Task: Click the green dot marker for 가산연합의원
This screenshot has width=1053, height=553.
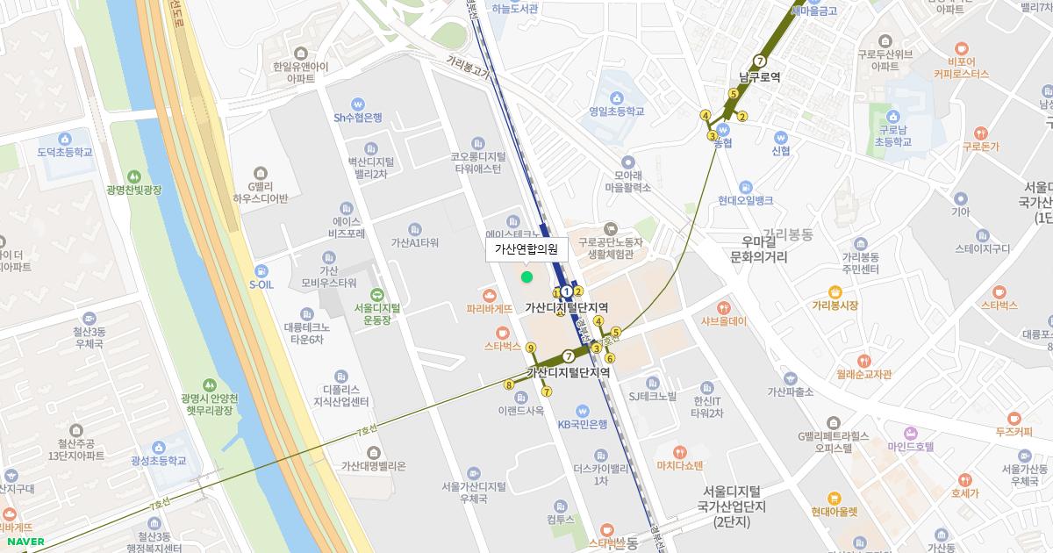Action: click(526, 277)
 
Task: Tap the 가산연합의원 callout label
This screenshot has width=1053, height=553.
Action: click(526, 249)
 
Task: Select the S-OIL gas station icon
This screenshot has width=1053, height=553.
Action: click(261, 269)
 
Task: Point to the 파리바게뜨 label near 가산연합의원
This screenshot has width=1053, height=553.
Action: click(490, 309)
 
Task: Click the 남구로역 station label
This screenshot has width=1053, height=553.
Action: click(759, 77)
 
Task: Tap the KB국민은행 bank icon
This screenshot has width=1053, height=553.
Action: click(582, 410)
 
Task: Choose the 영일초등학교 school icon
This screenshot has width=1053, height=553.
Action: click(617, 97)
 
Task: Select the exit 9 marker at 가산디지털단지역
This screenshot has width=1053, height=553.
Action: click(530, 348)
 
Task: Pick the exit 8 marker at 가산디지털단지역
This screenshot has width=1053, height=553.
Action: click(509, 384)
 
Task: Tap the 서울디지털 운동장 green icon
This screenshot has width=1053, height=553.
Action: click(376, 294)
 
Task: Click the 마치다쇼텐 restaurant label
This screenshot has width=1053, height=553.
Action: click(679, 465)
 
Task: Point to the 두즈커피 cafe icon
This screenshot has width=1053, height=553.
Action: click(1014, 418)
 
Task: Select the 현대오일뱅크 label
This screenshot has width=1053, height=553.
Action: click(744, 200)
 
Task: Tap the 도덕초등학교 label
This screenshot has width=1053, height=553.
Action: click(65, 152)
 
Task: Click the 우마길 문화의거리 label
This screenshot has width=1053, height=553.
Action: click(759, 249)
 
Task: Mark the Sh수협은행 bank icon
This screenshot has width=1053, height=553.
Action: click(357, 104)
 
